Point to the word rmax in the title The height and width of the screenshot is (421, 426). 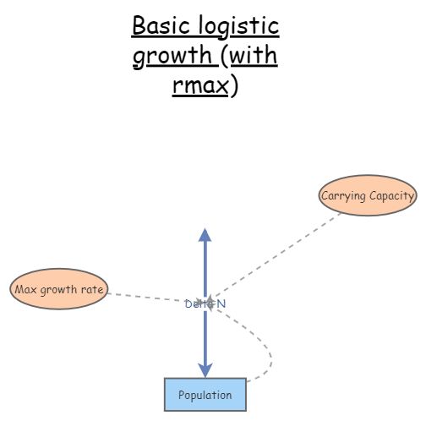click(200, 87)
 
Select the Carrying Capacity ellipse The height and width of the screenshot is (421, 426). click(367, 197)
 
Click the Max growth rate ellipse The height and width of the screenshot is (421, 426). click(58, 290)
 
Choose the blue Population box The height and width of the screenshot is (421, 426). click(205, 395)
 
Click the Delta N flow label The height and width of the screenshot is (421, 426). click(205, 303)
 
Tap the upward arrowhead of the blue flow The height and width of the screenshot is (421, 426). click(204, 234)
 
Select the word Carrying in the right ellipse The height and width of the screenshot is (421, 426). click(342, 197)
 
